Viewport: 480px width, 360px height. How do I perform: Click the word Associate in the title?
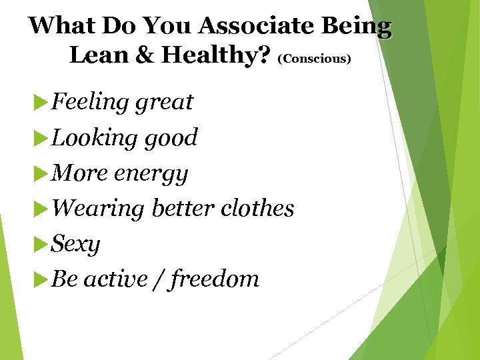(256, 26)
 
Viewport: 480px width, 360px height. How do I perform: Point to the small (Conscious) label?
(314, 59)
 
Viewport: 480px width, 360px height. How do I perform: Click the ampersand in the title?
(145, 55)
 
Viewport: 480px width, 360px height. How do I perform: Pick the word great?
(164, 102)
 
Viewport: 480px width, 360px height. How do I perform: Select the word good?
(171, 137)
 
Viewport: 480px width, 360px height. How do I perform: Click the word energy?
(151, 173)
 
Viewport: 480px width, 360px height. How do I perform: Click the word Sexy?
(75, 244)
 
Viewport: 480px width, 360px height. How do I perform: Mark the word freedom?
(215, 279)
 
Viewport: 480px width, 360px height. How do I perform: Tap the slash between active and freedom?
(157, 279)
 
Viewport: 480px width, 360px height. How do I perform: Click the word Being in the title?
(358, 26)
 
